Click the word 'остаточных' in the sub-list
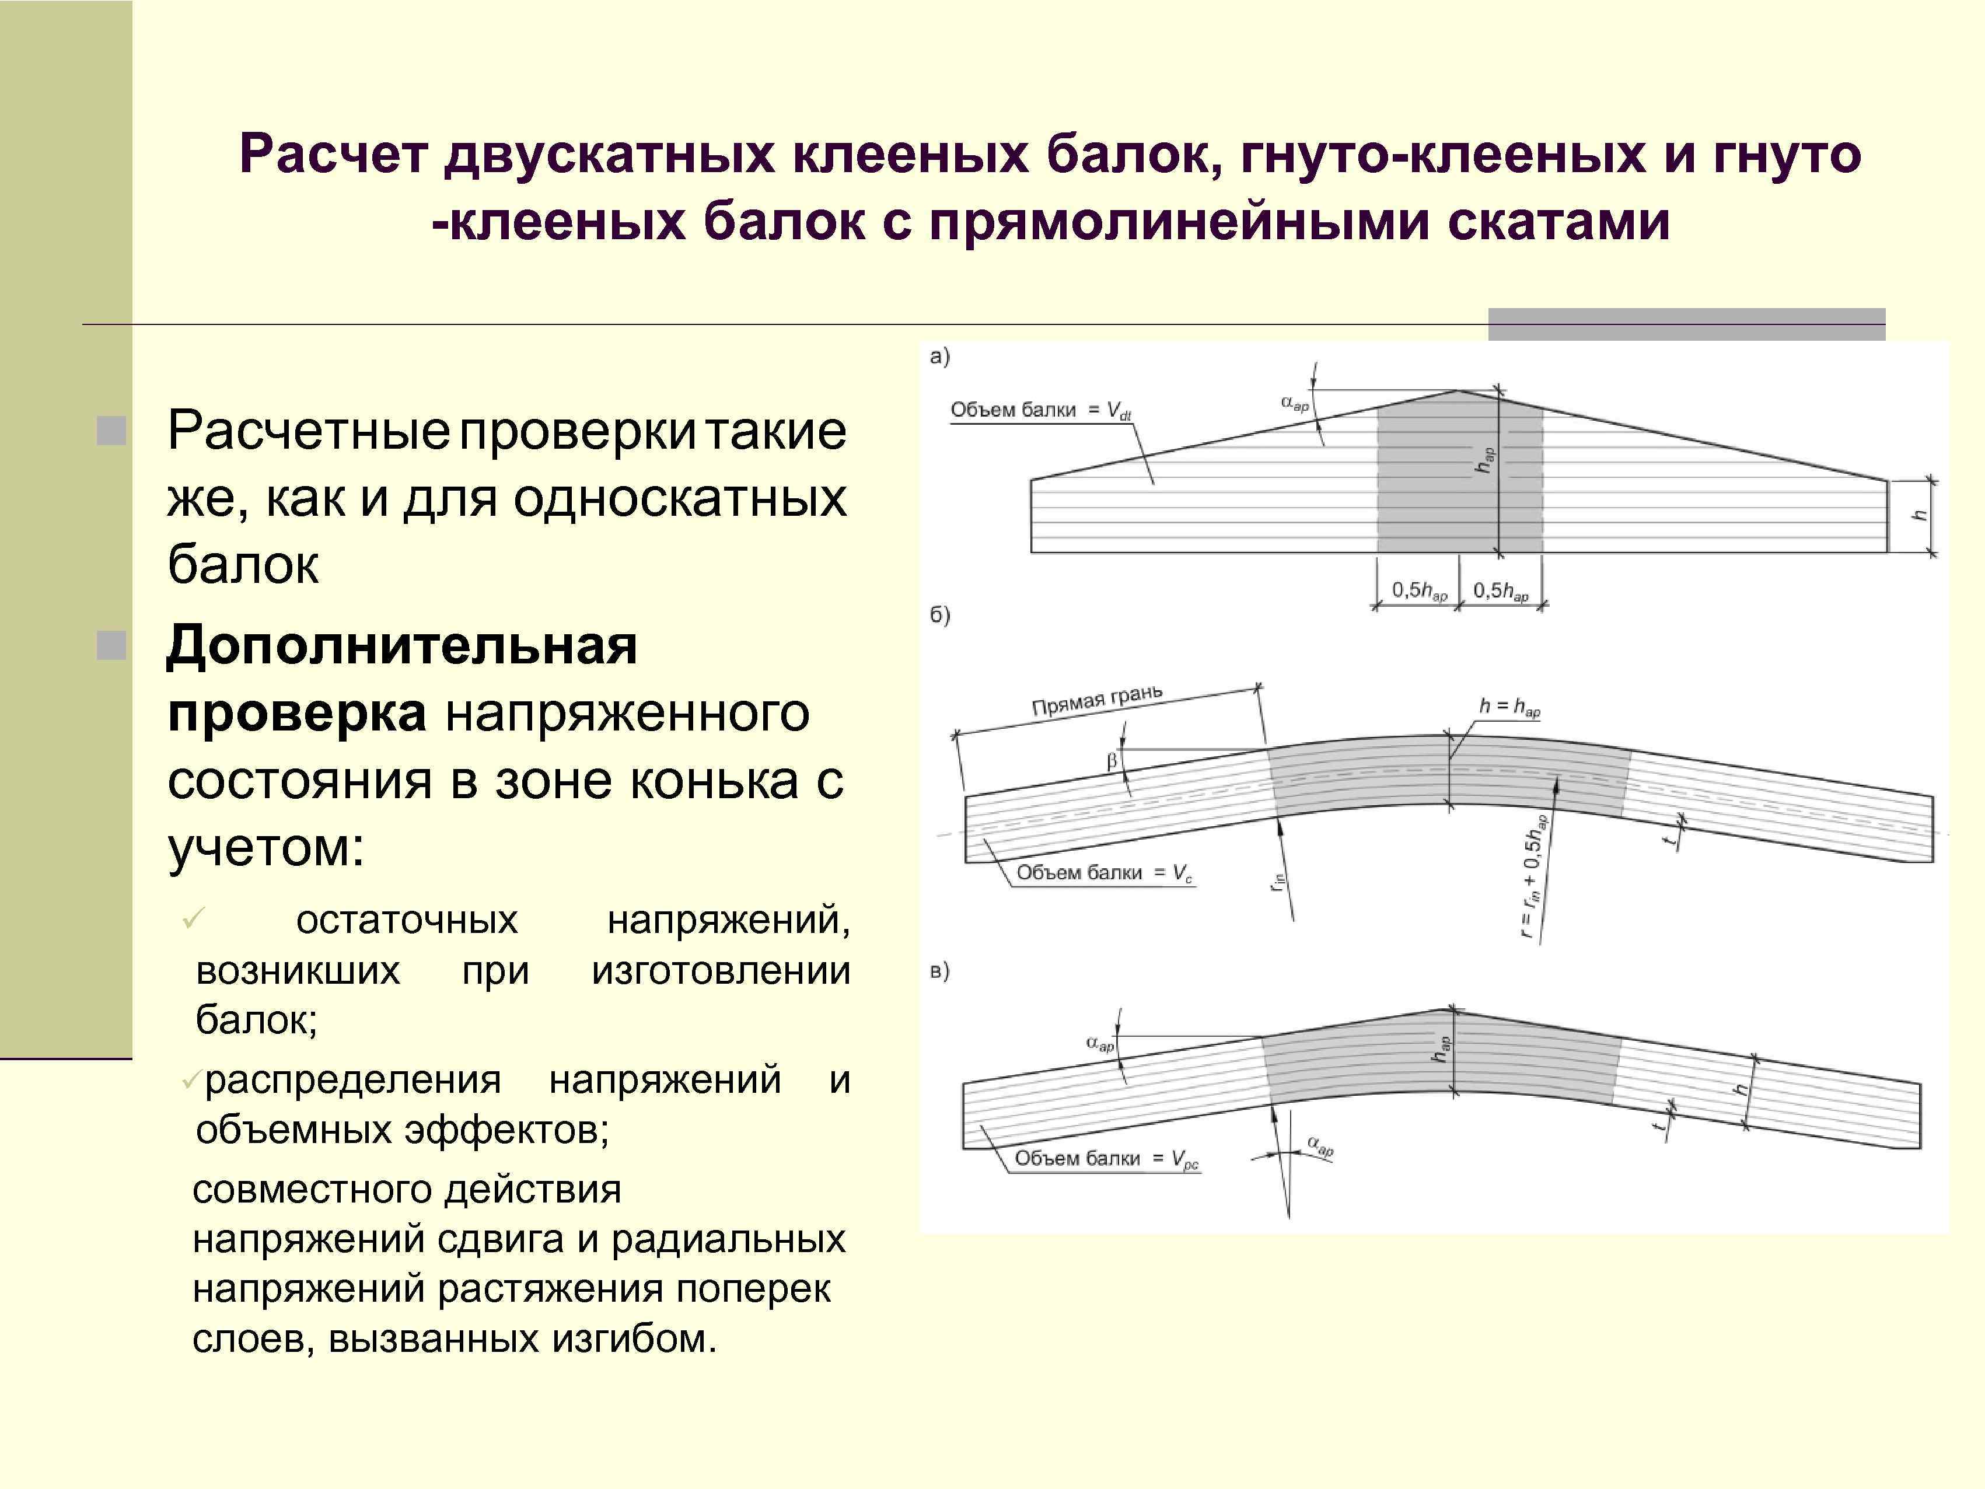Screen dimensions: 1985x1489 pos(407,920)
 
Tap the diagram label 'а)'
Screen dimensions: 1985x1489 pos(939,357)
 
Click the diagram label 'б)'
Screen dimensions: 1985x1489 pos(939,615)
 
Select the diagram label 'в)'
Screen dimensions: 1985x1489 pos(939,971)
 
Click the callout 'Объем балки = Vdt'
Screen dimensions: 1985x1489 pos(1041,410)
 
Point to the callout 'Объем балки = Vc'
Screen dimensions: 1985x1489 pos(1105,872)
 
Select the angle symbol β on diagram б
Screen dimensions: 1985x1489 pos(1112,761)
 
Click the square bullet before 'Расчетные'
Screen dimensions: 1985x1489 pos(112,432)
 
